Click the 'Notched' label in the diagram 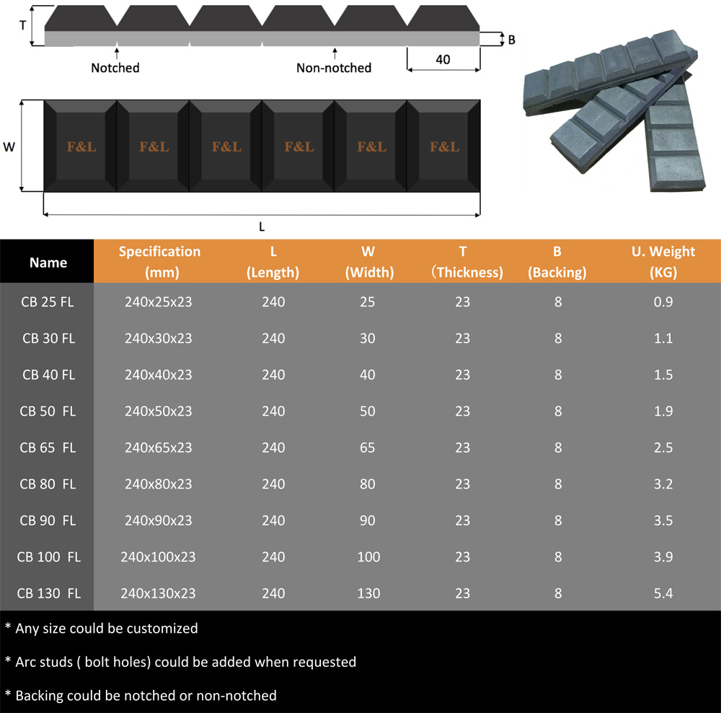(115, 68)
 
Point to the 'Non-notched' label (334, 68)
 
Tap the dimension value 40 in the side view (443, 59)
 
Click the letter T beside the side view (22, 24)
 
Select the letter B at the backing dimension (511, 40)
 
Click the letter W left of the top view (9, 147)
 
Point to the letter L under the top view (262, 227)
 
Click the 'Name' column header (48, 263)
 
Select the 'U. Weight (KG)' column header (662, 261)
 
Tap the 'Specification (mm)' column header (159, 261)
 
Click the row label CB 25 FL (48, 302)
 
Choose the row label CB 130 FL (48, 593)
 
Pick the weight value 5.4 (662, 593)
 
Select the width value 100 (368, 557)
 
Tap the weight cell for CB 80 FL (662, 484)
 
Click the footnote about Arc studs (180, 662)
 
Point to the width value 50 (368, 411)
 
